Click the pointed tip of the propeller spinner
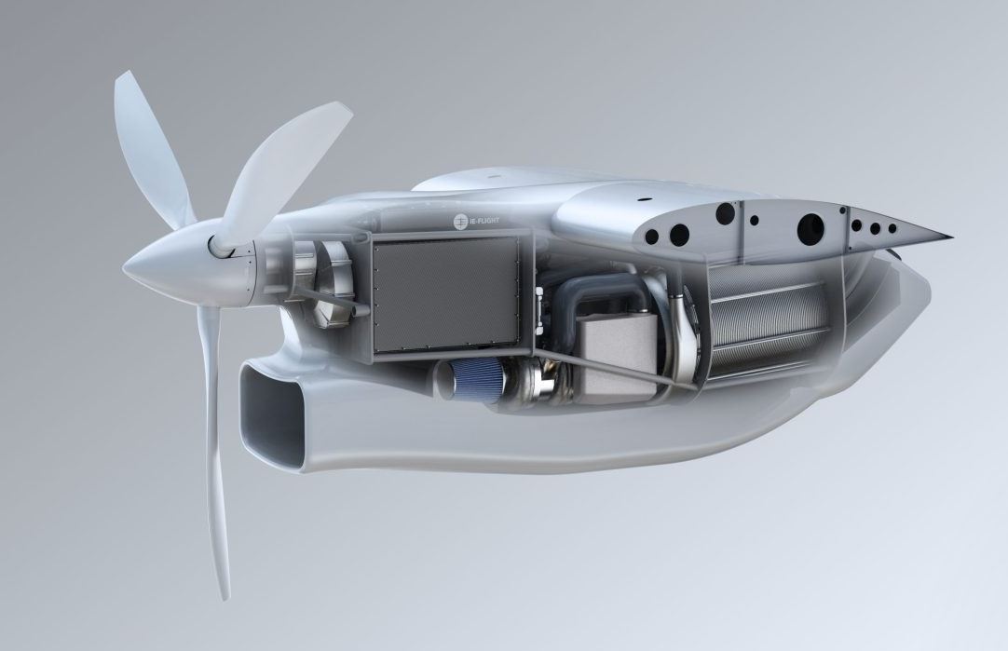point(126,266)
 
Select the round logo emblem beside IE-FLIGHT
point(459,222)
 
